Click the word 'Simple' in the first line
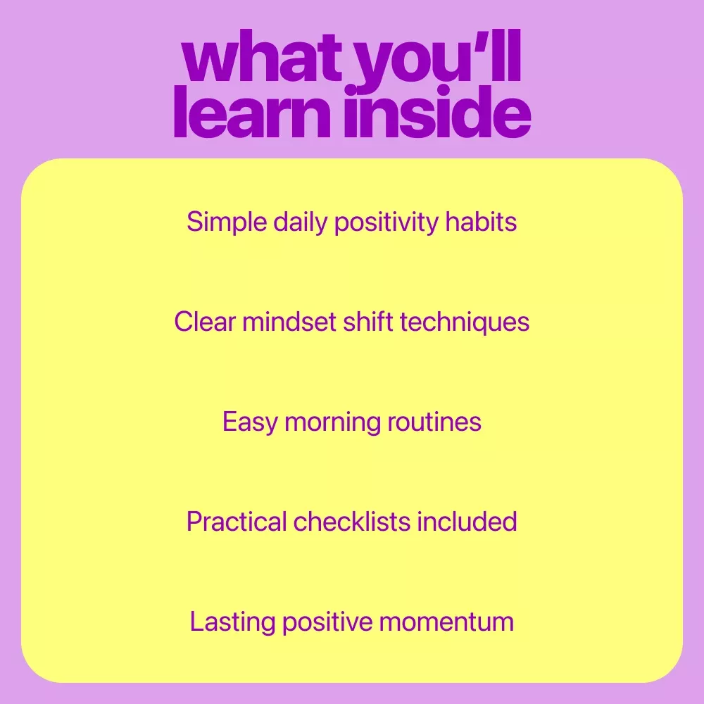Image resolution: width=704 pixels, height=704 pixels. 227,222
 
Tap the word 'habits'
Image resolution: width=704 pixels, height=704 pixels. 481,221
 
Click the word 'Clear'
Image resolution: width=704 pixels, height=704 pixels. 205,322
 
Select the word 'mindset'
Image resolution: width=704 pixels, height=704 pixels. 289,322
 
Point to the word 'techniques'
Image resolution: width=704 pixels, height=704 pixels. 465,322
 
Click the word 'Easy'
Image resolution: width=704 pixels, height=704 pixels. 250,422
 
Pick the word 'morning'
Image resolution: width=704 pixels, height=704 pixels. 333,422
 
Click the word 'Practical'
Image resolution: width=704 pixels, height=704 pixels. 237,521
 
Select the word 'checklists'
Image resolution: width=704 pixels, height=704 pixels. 352,521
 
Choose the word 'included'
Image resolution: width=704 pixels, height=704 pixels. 467,521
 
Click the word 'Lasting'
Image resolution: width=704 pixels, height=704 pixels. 232,622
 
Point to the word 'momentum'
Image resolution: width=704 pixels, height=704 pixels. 447,622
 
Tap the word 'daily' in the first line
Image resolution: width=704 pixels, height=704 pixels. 301,222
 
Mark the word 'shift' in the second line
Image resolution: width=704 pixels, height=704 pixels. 367,322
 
